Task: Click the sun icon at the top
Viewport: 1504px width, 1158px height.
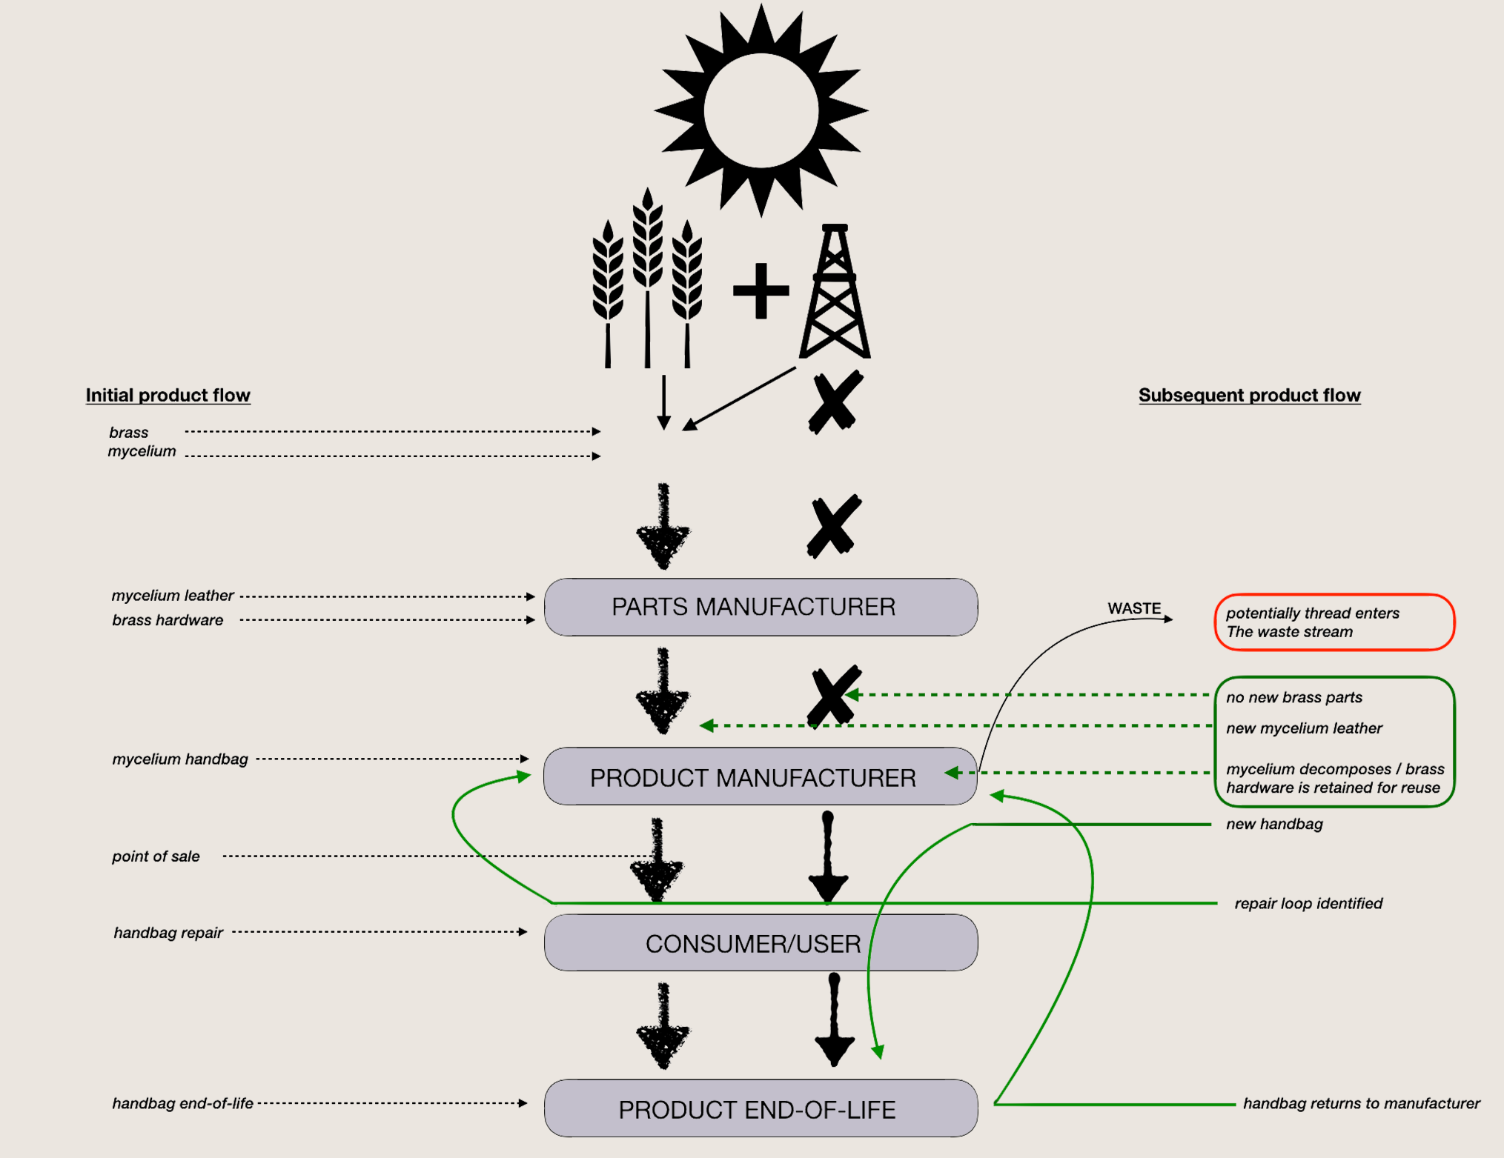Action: pos(761,110)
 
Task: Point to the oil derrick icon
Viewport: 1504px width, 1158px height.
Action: pos(835,293)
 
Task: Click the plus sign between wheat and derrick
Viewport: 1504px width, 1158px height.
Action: pos(761,290)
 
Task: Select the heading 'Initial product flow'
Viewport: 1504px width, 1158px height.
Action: pos(168,395)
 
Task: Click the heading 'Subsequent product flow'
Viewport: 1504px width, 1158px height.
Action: pos(1249,395)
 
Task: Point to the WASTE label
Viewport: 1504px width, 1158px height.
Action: pos(1134,608)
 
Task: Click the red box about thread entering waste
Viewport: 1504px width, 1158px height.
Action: pos(1334,622)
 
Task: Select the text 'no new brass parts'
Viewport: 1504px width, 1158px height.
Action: pos(1294,697)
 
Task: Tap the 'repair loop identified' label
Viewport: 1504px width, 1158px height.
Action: pos(1308,903)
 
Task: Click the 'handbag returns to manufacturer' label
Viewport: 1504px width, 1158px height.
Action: pos(1361,1103)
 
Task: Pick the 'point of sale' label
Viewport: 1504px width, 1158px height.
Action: pos(156,856)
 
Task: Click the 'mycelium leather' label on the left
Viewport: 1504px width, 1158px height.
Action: pos(173,595)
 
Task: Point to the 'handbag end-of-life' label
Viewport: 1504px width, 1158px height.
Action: pos(182,1103)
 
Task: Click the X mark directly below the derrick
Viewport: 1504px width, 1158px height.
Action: pos(835,402)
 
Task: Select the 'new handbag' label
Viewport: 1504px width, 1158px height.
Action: pos(1274,824)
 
